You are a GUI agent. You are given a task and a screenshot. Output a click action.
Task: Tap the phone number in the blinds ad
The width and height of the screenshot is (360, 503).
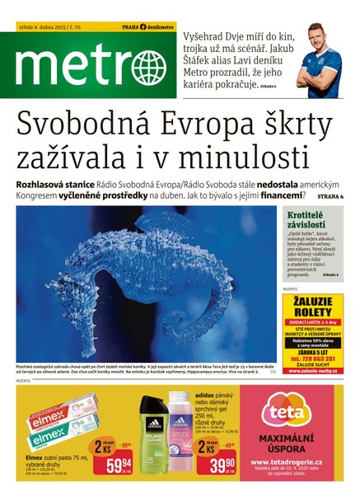[313, 360]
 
